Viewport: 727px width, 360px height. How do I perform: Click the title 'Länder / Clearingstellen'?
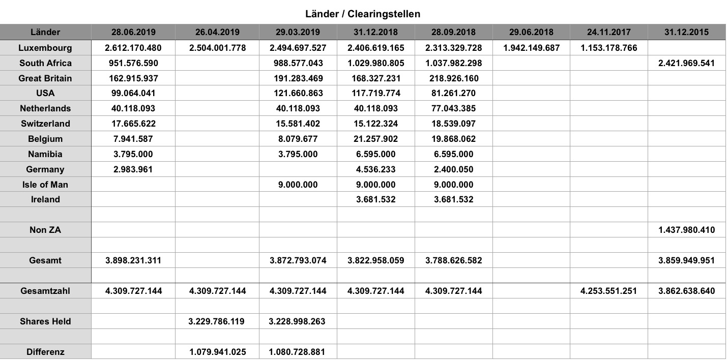point(363,14)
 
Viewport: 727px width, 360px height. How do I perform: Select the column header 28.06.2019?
point(133,32)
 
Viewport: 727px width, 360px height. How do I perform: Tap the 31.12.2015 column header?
point(686,32)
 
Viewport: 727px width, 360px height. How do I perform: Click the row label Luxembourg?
point(45,48)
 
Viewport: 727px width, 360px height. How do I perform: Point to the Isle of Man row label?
point(45,185)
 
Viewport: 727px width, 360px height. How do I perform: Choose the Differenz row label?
point(45,351)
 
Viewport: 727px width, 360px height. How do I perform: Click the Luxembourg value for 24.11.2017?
point(608,48)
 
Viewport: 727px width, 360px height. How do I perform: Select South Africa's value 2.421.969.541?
point(686,63)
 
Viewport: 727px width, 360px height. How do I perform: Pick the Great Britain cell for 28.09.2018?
point(453,78)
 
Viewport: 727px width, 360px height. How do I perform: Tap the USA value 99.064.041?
point(133,93)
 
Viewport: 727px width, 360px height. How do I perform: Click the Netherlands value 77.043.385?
point(453,108)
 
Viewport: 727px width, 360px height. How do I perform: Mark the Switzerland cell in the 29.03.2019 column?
point(298,124)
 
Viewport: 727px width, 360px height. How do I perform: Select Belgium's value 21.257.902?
point(375,139)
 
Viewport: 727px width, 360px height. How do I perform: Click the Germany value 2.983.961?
point(133,169)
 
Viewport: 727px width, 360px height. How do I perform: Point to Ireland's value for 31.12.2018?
point(375,199)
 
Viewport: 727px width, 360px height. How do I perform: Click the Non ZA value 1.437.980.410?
point(686,230)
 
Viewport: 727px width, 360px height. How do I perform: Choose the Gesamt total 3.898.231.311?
point(133,260)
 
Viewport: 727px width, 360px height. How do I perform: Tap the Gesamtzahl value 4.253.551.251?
point(608,291)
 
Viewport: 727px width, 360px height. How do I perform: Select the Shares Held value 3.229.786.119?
point(217,321)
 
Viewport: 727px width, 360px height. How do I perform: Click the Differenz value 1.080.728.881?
point(298,351)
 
